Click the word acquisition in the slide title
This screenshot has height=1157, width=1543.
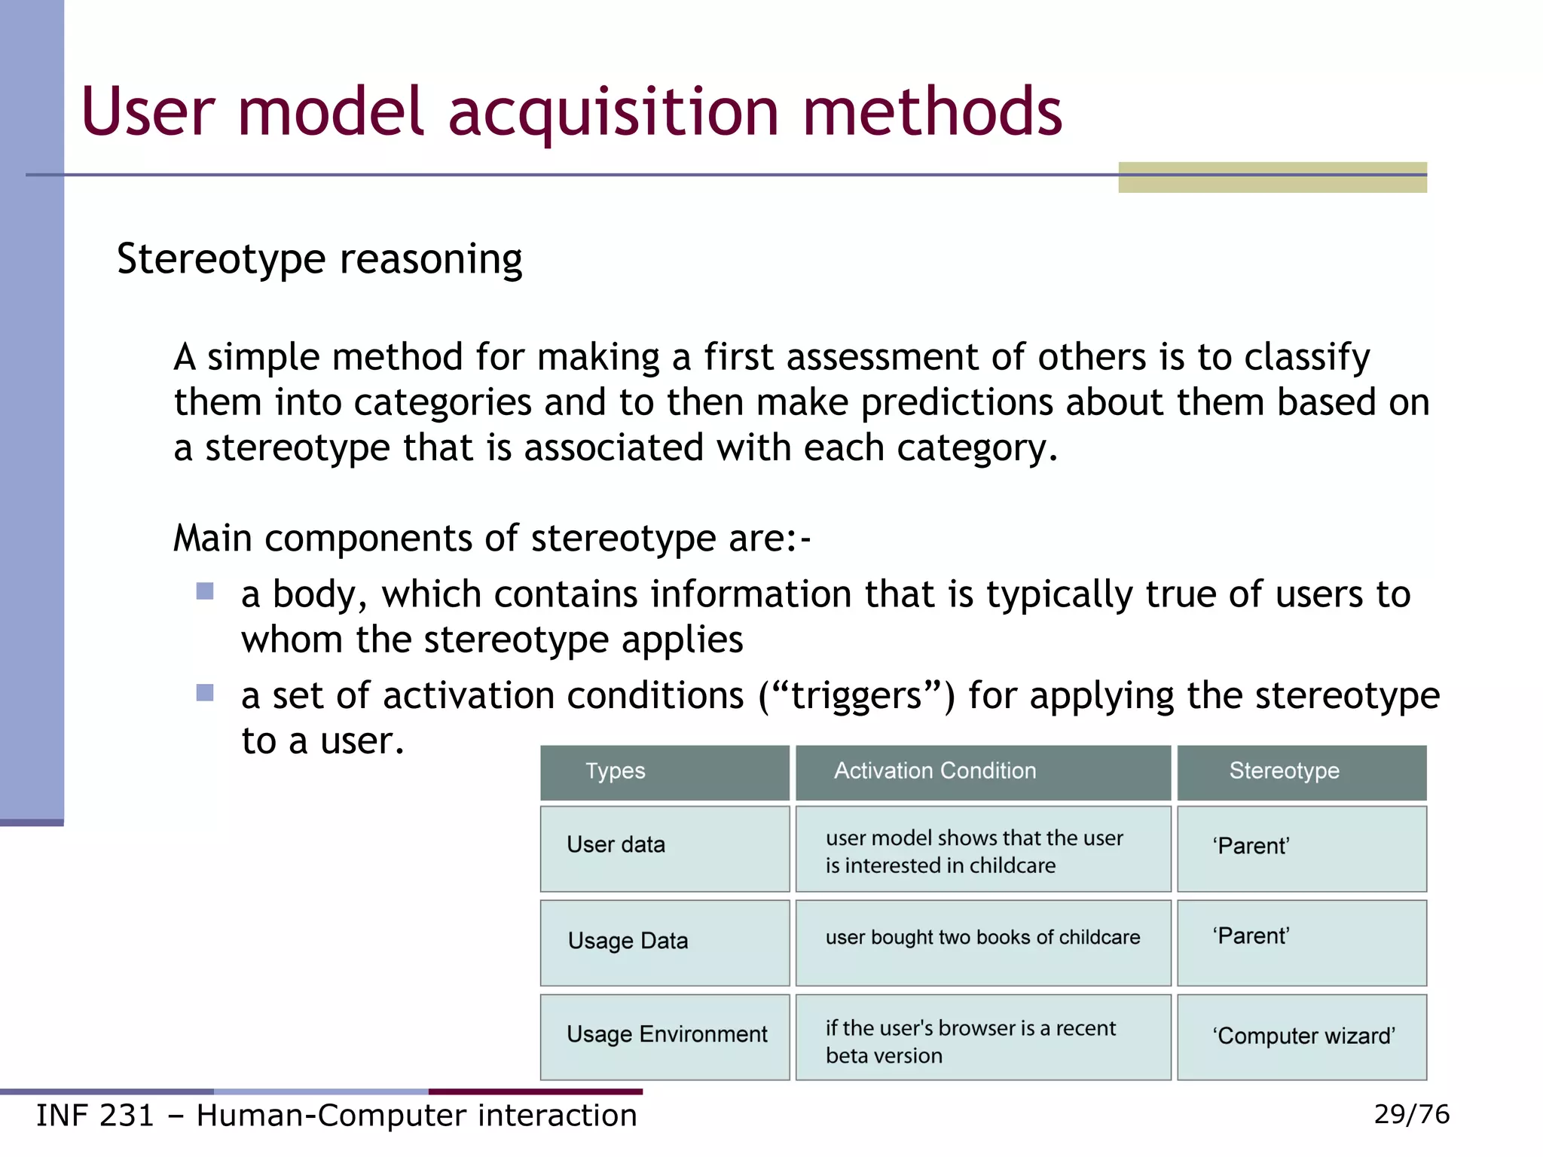[x=613, y=113]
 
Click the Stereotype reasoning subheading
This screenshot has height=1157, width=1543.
[x=319, y=259]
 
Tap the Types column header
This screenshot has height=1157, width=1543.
[x=616, y=771]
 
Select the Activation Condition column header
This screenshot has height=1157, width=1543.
[x=934, y=771]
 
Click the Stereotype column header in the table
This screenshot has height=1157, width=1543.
[x=1284, y=771]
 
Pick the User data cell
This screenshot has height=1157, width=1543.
[x=616, y=845]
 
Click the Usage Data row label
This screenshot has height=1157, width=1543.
[x=628, y=941]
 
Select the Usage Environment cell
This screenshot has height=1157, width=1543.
[x=666, y=1034]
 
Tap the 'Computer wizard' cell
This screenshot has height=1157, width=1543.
[x=1303, y=1036]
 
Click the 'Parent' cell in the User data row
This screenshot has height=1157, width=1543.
[x=1251, y=846]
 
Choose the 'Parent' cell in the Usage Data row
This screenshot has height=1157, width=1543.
[x=1251, y=936]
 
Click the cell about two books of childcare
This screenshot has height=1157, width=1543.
[x=982, y=938]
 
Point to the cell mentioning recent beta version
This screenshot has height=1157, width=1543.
[x=970, y=1042]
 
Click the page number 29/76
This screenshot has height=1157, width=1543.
[x=1411, y=1114]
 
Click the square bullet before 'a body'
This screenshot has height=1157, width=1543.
[x=205, y=591]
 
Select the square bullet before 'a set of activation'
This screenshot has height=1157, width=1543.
[x=205, y=692]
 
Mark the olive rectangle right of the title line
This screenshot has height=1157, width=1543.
[x=1272, y=178]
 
